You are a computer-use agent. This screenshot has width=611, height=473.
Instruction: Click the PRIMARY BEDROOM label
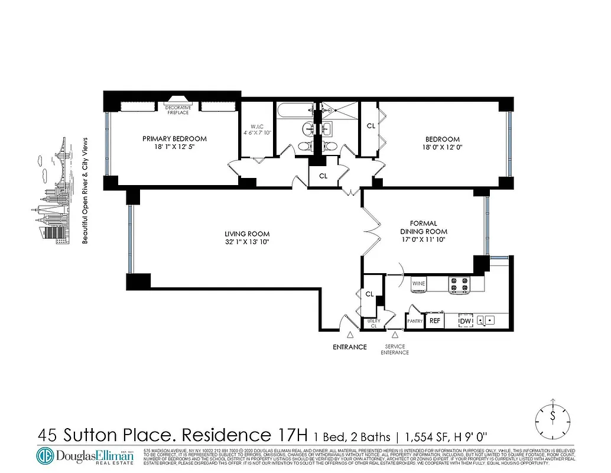174,138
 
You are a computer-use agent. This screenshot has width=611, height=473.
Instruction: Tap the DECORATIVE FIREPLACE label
177,109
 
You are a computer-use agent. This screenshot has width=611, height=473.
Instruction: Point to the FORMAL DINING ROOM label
423,228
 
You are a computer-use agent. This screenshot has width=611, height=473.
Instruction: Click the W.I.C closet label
256,125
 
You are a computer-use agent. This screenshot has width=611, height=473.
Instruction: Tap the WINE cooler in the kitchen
419,284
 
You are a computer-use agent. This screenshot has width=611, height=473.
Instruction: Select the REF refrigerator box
435,320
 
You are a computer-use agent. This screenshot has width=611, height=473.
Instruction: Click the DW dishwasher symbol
466,320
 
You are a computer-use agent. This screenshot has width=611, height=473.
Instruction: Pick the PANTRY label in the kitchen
415,321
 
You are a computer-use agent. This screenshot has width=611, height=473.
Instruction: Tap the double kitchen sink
487,320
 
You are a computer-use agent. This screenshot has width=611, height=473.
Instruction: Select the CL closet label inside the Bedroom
370,126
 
